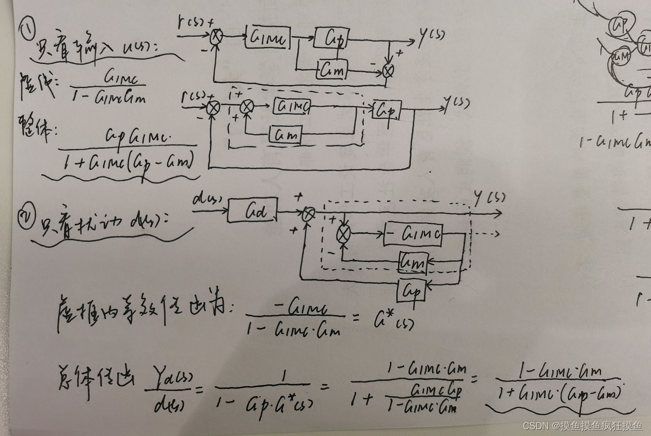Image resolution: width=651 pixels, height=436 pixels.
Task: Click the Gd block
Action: pyautogui.click(x=251, y=211)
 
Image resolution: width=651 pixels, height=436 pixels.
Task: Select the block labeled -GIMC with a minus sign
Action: pyautogui.click(x=413, y=235)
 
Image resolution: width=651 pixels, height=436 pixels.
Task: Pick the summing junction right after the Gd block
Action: pyautogui.click(x=308, y=214)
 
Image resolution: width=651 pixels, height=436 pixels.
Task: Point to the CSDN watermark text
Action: pyautogui.click(x=582, y=426)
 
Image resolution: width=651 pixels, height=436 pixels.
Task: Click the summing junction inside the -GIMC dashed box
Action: pyautogui.click(x=343, y=235)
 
